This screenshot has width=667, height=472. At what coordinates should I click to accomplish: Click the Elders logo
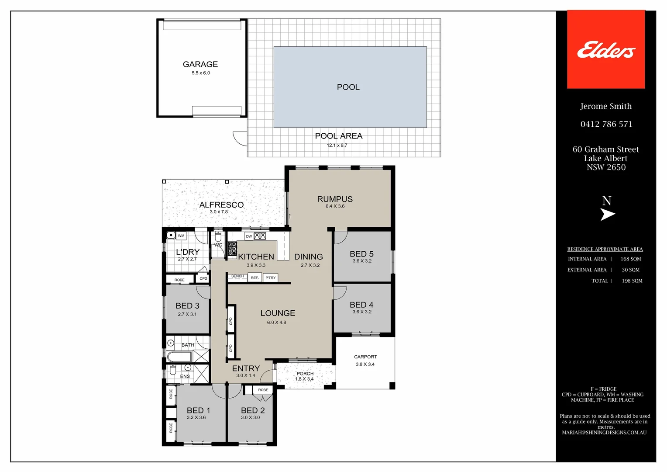[605, 50]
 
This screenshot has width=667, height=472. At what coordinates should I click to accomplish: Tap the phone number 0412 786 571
[606, 124]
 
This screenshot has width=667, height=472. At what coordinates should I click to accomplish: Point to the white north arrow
[607, 214]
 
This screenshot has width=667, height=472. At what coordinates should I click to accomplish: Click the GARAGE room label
[200, 64]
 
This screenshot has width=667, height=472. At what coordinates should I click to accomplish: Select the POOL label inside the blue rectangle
[348, 87]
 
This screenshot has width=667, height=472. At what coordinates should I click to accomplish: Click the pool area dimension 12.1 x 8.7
[337, 145]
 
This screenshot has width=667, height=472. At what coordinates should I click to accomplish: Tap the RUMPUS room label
[335, 199]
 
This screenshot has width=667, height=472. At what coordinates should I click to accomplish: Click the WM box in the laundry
[181, 236]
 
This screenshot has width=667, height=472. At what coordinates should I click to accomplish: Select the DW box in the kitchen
[249, 236]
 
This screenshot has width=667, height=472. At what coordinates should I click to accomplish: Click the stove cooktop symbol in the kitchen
[232, 248]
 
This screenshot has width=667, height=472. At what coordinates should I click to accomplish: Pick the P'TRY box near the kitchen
[271, 278]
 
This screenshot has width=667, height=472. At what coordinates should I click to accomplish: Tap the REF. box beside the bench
[255, 278]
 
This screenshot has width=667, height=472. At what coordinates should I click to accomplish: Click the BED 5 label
[361, 254]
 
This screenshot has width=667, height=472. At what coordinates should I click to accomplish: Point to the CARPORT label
[365, 357]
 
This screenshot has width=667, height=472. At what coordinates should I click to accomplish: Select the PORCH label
[305, 374]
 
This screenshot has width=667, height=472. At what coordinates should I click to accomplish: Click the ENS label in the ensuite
[185, 376]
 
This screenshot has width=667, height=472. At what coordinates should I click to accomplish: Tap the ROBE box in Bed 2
[263, 390]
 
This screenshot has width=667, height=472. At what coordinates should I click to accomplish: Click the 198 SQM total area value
[632, 281]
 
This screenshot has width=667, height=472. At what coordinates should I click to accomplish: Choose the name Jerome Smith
[605, 106]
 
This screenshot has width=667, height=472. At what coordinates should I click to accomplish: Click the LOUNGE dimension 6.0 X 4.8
[276, 323]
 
